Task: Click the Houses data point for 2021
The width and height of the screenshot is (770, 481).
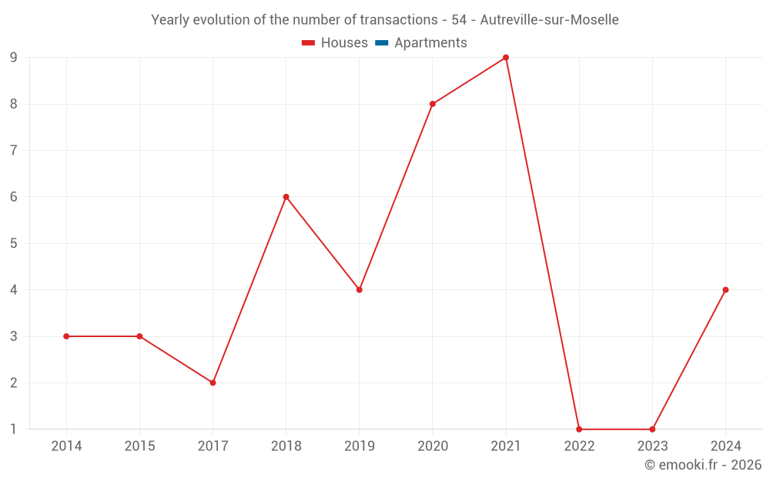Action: coord(506,58)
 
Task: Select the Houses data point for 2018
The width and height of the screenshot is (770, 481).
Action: coord(286,197)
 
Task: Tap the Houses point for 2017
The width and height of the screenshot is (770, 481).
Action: coord(213,382)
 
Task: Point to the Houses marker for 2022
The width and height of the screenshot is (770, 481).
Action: coord(579,429)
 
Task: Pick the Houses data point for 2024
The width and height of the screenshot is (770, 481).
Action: coord(725,290)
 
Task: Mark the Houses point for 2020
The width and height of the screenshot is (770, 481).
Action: coord(433,104)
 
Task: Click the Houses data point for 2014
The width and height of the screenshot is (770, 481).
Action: coord(66,336)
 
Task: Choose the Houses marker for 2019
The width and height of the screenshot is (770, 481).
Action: coord(360,290)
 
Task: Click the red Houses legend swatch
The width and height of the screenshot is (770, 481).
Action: coord(308,43)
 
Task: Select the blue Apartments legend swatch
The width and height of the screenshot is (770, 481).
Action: coord(381,43)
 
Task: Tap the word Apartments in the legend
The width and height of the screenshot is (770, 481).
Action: coord(430,43)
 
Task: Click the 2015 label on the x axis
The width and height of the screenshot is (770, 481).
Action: coord(139,446)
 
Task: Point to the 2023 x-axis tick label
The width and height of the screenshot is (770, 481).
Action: coord(652,446)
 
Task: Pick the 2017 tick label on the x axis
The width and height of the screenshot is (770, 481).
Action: coord(213,446)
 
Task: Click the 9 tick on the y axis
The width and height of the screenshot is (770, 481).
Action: coord(14,58)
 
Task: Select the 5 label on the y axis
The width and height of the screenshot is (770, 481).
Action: coord(14,243)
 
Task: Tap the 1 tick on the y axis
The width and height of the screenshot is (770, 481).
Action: coord(14,429)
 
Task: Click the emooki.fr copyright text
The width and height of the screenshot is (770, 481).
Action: coord(703,465)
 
